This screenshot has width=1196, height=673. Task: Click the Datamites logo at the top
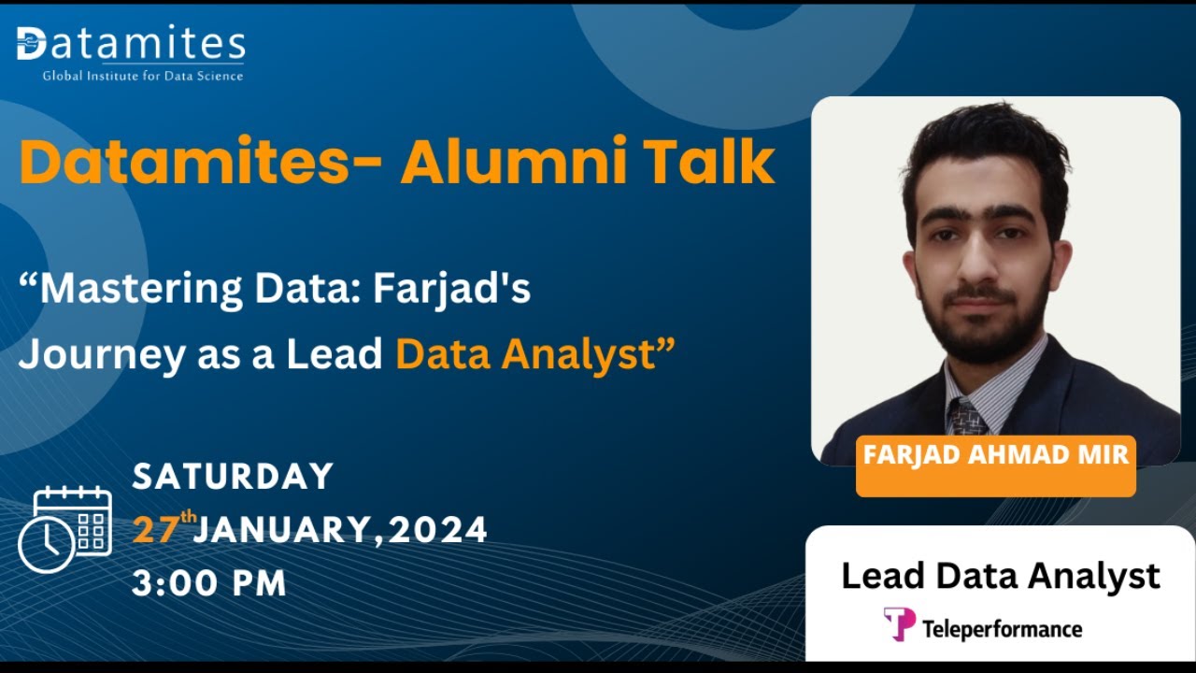(x=131, y=45)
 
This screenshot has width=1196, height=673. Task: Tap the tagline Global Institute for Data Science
(x=143, y=76)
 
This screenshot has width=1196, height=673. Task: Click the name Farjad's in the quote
(x=452, y=290)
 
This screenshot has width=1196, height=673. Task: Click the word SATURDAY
(x=233, y=477)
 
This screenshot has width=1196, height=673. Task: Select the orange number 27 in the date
(x=157, y=531)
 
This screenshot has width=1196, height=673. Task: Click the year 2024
(x=438, y=531)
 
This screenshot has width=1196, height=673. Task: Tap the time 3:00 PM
(x=209, y=583)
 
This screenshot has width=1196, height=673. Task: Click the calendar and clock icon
(x=65, y=529)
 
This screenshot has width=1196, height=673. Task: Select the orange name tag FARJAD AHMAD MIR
(x=995, y=456)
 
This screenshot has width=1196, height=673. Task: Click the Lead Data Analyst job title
(x=1001, y=576)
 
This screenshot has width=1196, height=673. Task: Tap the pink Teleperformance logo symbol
(x=899, y=623)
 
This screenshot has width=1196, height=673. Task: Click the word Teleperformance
(x=1002, y=629)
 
